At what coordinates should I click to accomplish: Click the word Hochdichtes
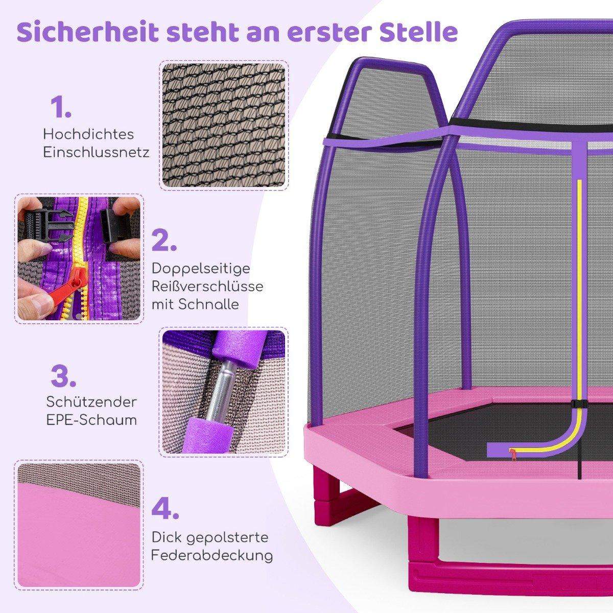[x=88, y=135]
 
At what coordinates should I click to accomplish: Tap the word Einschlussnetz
[x=97, y=153]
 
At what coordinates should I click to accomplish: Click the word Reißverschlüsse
[x=207, y=286]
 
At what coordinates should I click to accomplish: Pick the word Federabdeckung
[x=212, y=555]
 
